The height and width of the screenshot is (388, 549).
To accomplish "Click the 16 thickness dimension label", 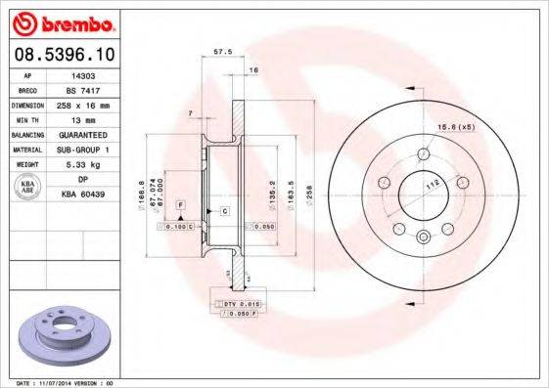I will click(x=252, y=70).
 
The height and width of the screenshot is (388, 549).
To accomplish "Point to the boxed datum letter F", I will click(x=181, y=202).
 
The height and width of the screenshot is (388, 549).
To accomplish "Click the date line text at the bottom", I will click(x=66, y=383).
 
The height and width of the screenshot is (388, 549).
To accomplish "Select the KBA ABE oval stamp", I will click(x=28, y=188).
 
